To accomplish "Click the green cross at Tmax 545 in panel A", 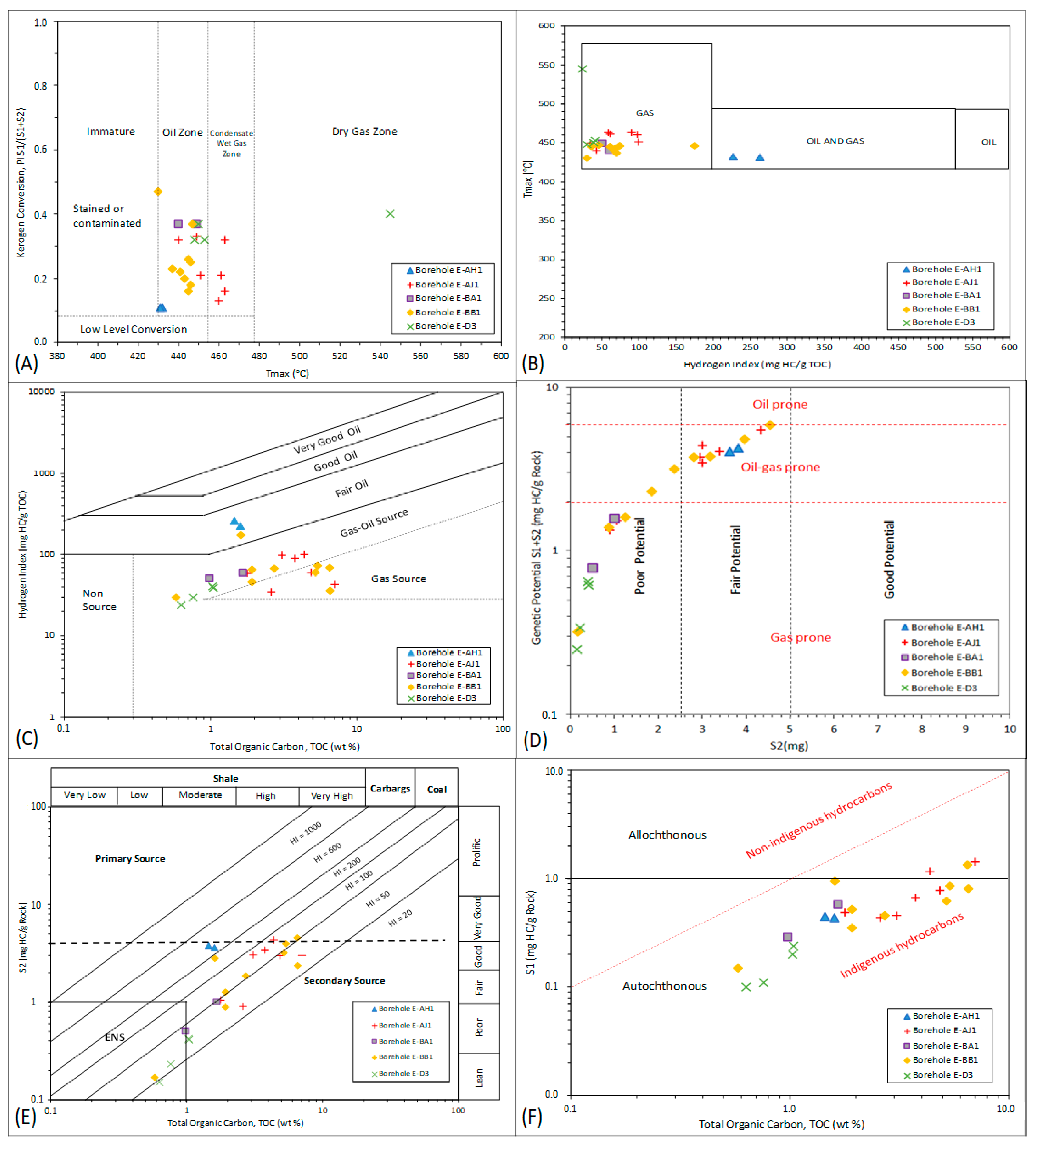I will click(x=390, y=214).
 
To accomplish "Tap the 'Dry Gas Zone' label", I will click(x=365, y=131).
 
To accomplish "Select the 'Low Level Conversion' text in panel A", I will click(x=133, y=329).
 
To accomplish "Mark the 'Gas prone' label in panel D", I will click(x=801, y=637).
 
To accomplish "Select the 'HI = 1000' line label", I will click(x=305, y=832).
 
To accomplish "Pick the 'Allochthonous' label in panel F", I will click(x=667, y=835).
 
